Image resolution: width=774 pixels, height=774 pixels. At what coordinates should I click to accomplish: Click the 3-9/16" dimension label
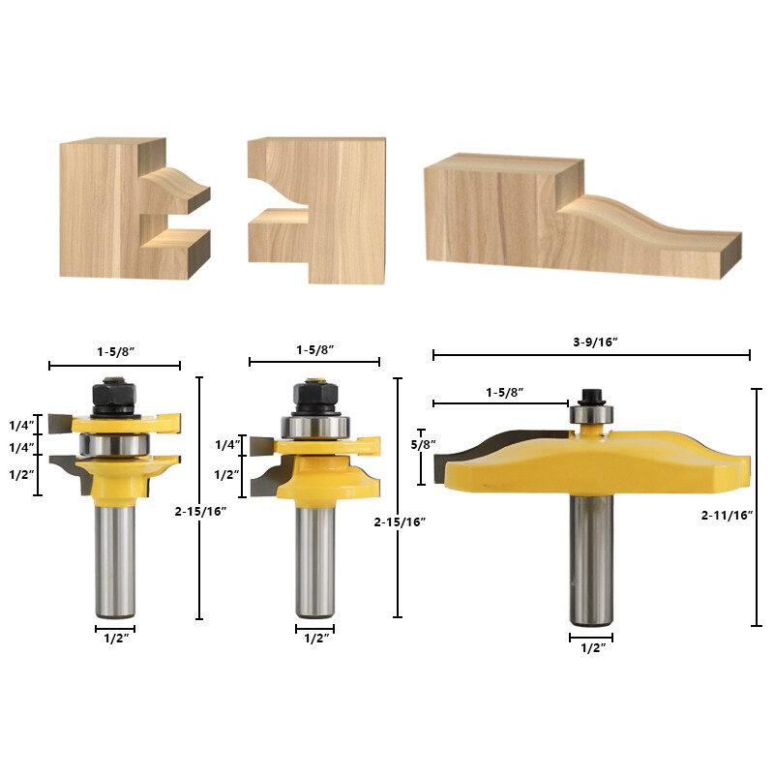coord(592,342)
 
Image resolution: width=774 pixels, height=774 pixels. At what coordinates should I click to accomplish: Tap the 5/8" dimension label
coord(424,444)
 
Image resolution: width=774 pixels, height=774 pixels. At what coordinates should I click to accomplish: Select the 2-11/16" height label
coord(726,517)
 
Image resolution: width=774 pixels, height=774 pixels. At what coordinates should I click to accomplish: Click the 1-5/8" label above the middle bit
coord(314,348)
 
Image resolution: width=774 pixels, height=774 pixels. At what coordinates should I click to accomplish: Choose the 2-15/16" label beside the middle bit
coord(399,521)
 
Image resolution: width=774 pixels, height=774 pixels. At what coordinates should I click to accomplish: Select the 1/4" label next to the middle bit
coord(227,445)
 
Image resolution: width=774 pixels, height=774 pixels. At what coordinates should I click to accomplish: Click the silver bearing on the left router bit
coord(115,444)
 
